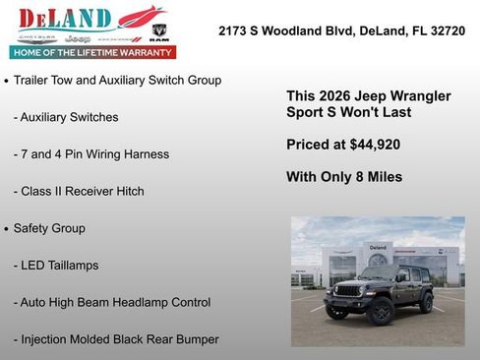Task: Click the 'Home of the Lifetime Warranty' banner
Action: coord(92,52)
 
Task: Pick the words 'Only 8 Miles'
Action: coord(361,177)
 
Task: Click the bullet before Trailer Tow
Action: coord(7,81)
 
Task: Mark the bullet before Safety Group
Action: coord(7,229)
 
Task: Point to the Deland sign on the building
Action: coord(379,247)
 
